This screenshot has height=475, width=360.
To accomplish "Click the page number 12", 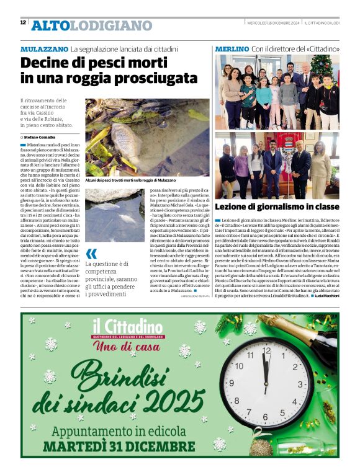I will pyautogui.click(x=23, y=22).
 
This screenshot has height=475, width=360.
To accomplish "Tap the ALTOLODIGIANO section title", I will pyautogui.click(x=91, y=25).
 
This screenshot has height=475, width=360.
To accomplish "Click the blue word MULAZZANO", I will pyautogui.click(x=44, y=48).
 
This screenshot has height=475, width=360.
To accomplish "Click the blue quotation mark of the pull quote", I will pyautogui.click(x=91, y=253).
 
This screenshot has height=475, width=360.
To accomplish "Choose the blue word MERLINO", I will pyautogui.click(x=232, y=48).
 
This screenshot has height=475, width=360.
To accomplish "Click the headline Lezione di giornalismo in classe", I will pyautogui.click(x=277, y=206).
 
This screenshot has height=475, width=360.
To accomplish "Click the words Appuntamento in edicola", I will pyautogui.click(x=122, y=431).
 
